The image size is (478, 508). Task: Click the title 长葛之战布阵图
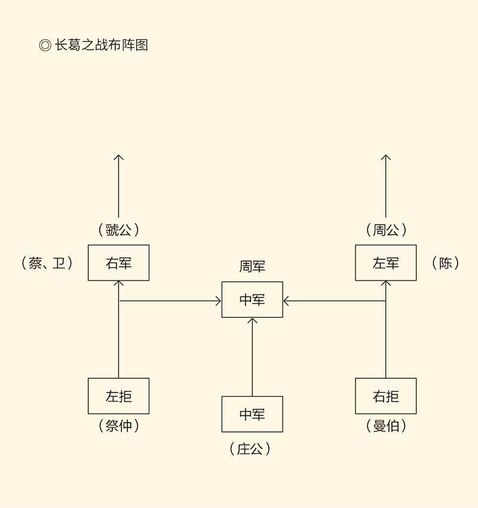101,45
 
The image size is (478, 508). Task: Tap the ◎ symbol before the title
45,45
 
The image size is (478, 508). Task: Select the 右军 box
118,263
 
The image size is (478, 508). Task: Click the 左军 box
385,263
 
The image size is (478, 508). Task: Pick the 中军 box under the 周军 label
252,300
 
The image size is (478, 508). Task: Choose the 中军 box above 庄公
252,414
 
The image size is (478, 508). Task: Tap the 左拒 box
118,396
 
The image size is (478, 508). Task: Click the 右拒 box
385,396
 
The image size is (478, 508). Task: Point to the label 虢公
118,230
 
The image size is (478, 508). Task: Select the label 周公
386,230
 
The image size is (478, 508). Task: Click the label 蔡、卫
47,263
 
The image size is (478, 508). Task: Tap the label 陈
445,263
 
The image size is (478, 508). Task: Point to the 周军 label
252,267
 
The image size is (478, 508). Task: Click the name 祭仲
118,426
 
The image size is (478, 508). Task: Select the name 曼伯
386,426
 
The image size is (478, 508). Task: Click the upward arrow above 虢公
118,185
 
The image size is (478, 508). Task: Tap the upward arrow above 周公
386,185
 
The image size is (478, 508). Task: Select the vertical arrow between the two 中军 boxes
252,357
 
